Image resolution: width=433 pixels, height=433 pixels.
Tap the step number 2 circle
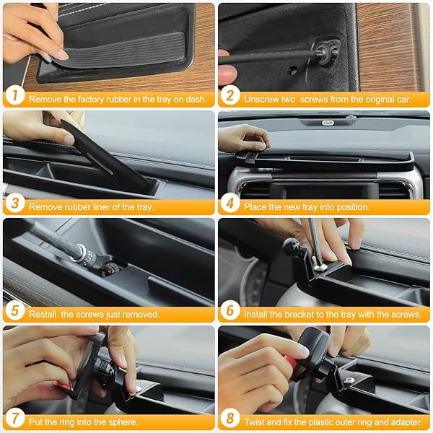[230, 95]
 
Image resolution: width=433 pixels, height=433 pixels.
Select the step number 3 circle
[15, 203]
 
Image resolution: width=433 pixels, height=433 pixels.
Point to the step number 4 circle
[230, 203]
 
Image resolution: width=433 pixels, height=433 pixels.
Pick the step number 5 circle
[15, 310]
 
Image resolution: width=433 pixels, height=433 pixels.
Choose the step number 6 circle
[230, 310]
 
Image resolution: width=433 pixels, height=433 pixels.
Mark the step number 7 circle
[15, 418]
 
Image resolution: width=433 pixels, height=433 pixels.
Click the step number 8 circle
[230, 418]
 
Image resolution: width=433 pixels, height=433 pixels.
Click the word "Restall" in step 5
[43, 314]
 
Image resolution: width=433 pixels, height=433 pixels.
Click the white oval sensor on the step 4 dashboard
[328, 123]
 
